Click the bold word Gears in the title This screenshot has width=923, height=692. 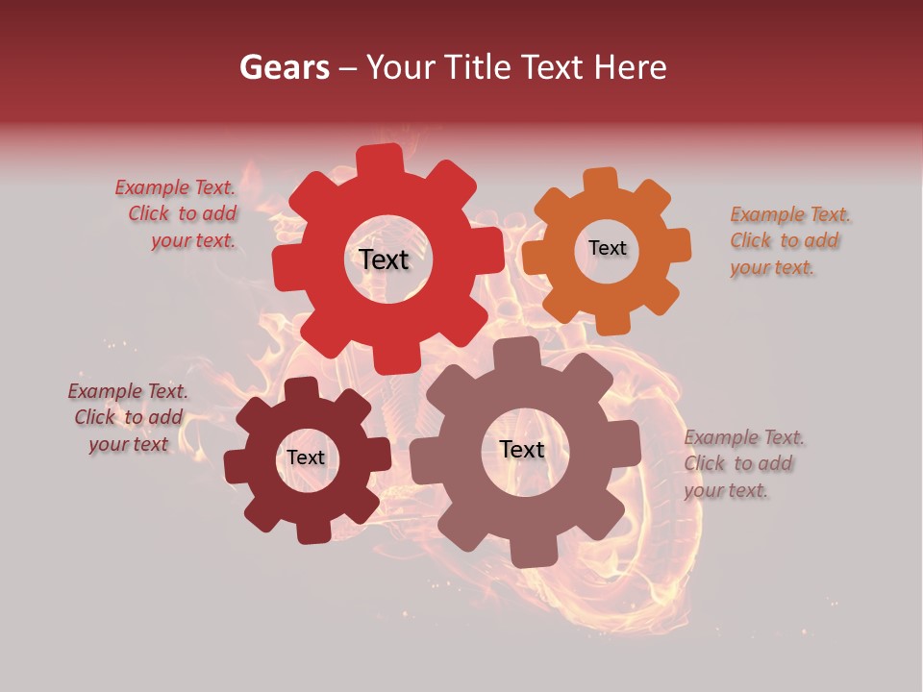(283, 67)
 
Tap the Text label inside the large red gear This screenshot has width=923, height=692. (384, 259)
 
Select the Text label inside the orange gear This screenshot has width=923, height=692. (607, 248)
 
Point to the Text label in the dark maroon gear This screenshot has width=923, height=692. (306, 457)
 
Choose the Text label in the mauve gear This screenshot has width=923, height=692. (522, 449)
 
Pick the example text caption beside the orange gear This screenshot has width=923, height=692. (788, 240)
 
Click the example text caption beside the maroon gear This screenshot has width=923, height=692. (128, 418)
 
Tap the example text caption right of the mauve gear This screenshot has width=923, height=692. (742, 463)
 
